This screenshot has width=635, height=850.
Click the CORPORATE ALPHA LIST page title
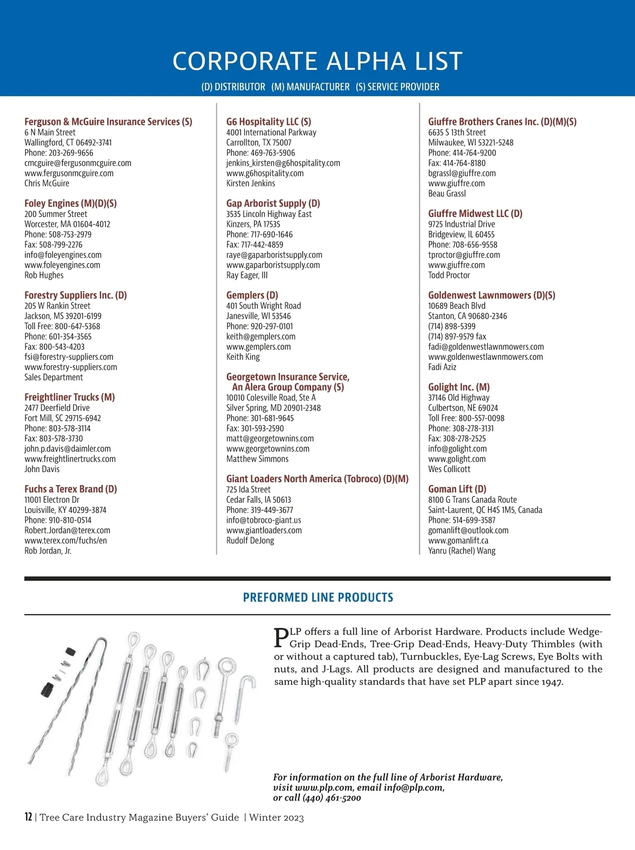[x=317, y=61]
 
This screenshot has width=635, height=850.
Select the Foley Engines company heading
[x=70, y=203]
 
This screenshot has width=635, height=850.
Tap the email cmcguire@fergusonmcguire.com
[x=78, y=163]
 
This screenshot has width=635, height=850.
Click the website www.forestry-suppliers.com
[x=71, y=367]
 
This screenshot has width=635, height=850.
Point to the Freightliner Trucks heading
[x=69, y=397]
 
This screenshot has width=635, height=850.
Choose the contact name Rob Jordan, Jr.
[x=48, y=550]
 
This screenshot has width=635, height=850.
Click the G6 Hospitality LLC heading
[x=268, y=122]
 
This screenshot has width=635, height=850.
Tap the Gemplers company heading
[x=252, y=295]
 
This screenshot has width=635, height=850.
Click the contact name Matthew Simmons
[x=257, y=459]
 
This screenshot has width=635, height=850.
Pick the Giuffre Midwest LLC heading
[x=475, y=213]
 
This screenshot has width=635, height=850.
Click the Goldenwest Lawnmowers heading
[x=491, y=295]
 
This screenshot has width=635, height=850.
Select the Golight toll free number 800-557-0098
[x=466, y=418]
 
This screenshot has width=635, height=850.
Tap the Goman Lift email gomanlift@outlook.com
[x=468, y=530]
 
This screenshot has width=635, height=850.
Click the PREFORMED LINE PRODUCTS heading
[x=317, y=598]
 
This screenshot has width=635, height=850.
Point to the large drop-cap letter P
[x=281, y=637]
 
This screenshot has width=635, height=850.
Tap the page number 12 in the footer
[x=28, y=817]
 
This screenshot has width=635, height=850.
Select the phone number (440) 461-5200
[x=332, y=798]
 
